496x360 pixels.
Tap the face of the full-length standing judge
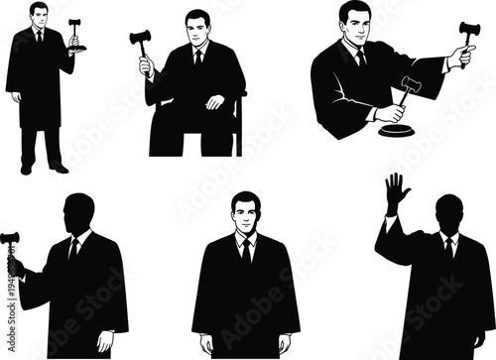click(39, 16)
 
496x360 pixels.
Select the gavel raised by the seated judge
click(139, 41)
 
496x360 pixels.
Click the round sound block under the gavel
click(399, 127)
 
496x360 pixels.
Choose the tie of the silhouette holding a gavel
click(74, 249)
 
